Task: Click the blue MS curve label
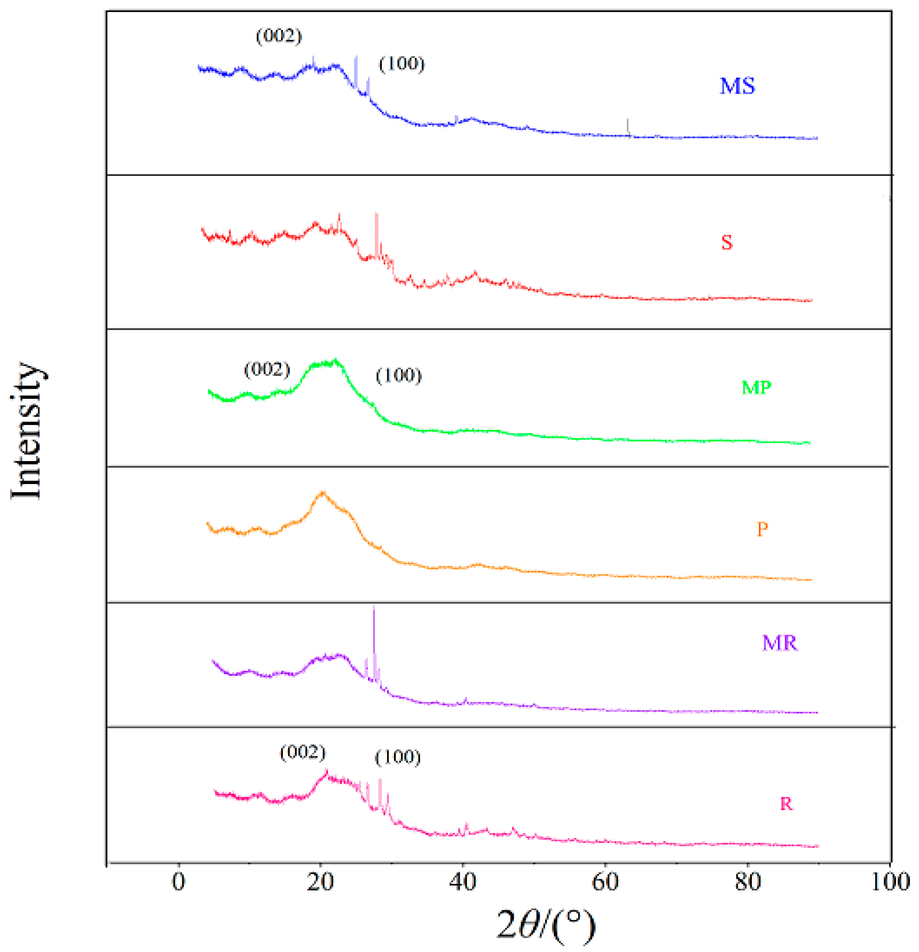point(736,87)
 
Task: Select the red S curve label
point(726,242)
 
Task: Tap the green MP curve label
point(756,387)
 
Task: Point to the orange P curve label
point(762,528)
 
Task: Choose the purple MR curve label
point(779,643)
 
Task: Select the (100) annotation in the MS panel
point(401,64)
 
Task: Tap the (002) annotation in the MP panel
point(267,370)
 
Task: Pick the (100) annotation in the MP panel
point(399,375)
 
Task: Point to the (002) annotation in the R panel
point(303,752)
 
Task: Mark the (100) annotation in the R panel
point(398,757)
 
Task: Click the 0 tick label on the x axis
point(178,881)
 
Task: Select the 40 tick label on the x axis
point(462,881)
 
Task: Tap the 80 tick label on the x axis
point(747,881)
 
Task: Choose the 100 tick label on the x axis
point(890,881)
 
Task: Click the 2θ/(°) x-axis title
point(546,925)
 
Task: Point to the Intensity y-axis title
point(27,430)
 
